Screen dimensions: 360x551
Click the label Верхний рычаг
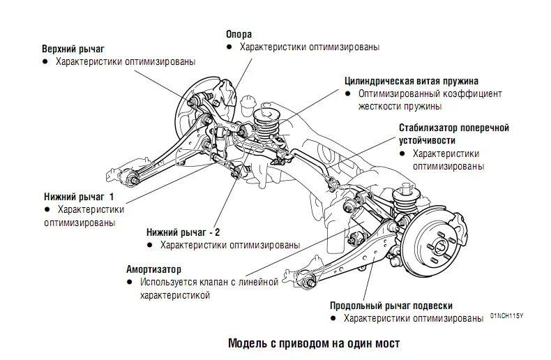click(x=73, y=49)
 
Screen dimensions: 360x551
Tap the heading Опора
click(x=239, y=34)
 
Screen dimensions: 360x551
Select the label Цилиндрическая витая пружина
click(x=412, y=80)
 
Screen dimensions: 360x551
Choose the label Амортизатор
click(x=153, y=269)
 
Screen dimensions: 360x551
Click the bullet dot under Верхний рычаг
click(x=45, y=62)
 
